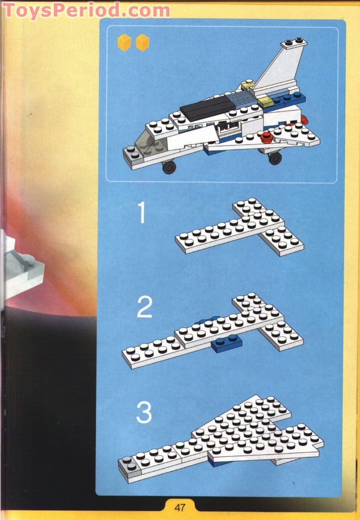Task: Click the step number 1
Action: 142,213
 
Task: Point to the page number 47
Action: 180,507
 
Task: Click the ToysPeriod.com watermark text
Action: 86,10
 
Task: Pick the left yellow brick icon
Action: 124,42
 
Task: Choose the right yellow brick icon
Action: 142,42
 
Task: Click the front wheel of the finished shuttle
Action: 170,167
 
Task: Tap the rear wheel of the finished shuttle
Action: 275,158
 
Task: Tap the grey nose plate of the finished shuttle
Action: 131,154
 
